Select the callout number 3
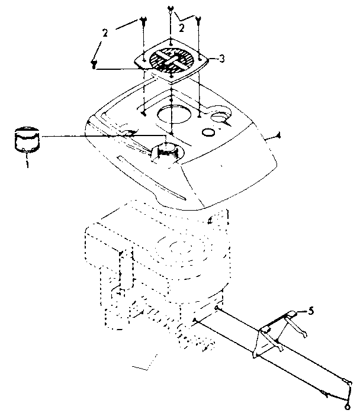pos(221,58)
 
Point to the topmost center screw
pos(171,9)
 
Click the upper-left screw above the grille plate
pos(144,22)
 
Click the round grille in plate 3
pos(171,62)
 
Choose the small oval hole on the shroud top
pos(208,131)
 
